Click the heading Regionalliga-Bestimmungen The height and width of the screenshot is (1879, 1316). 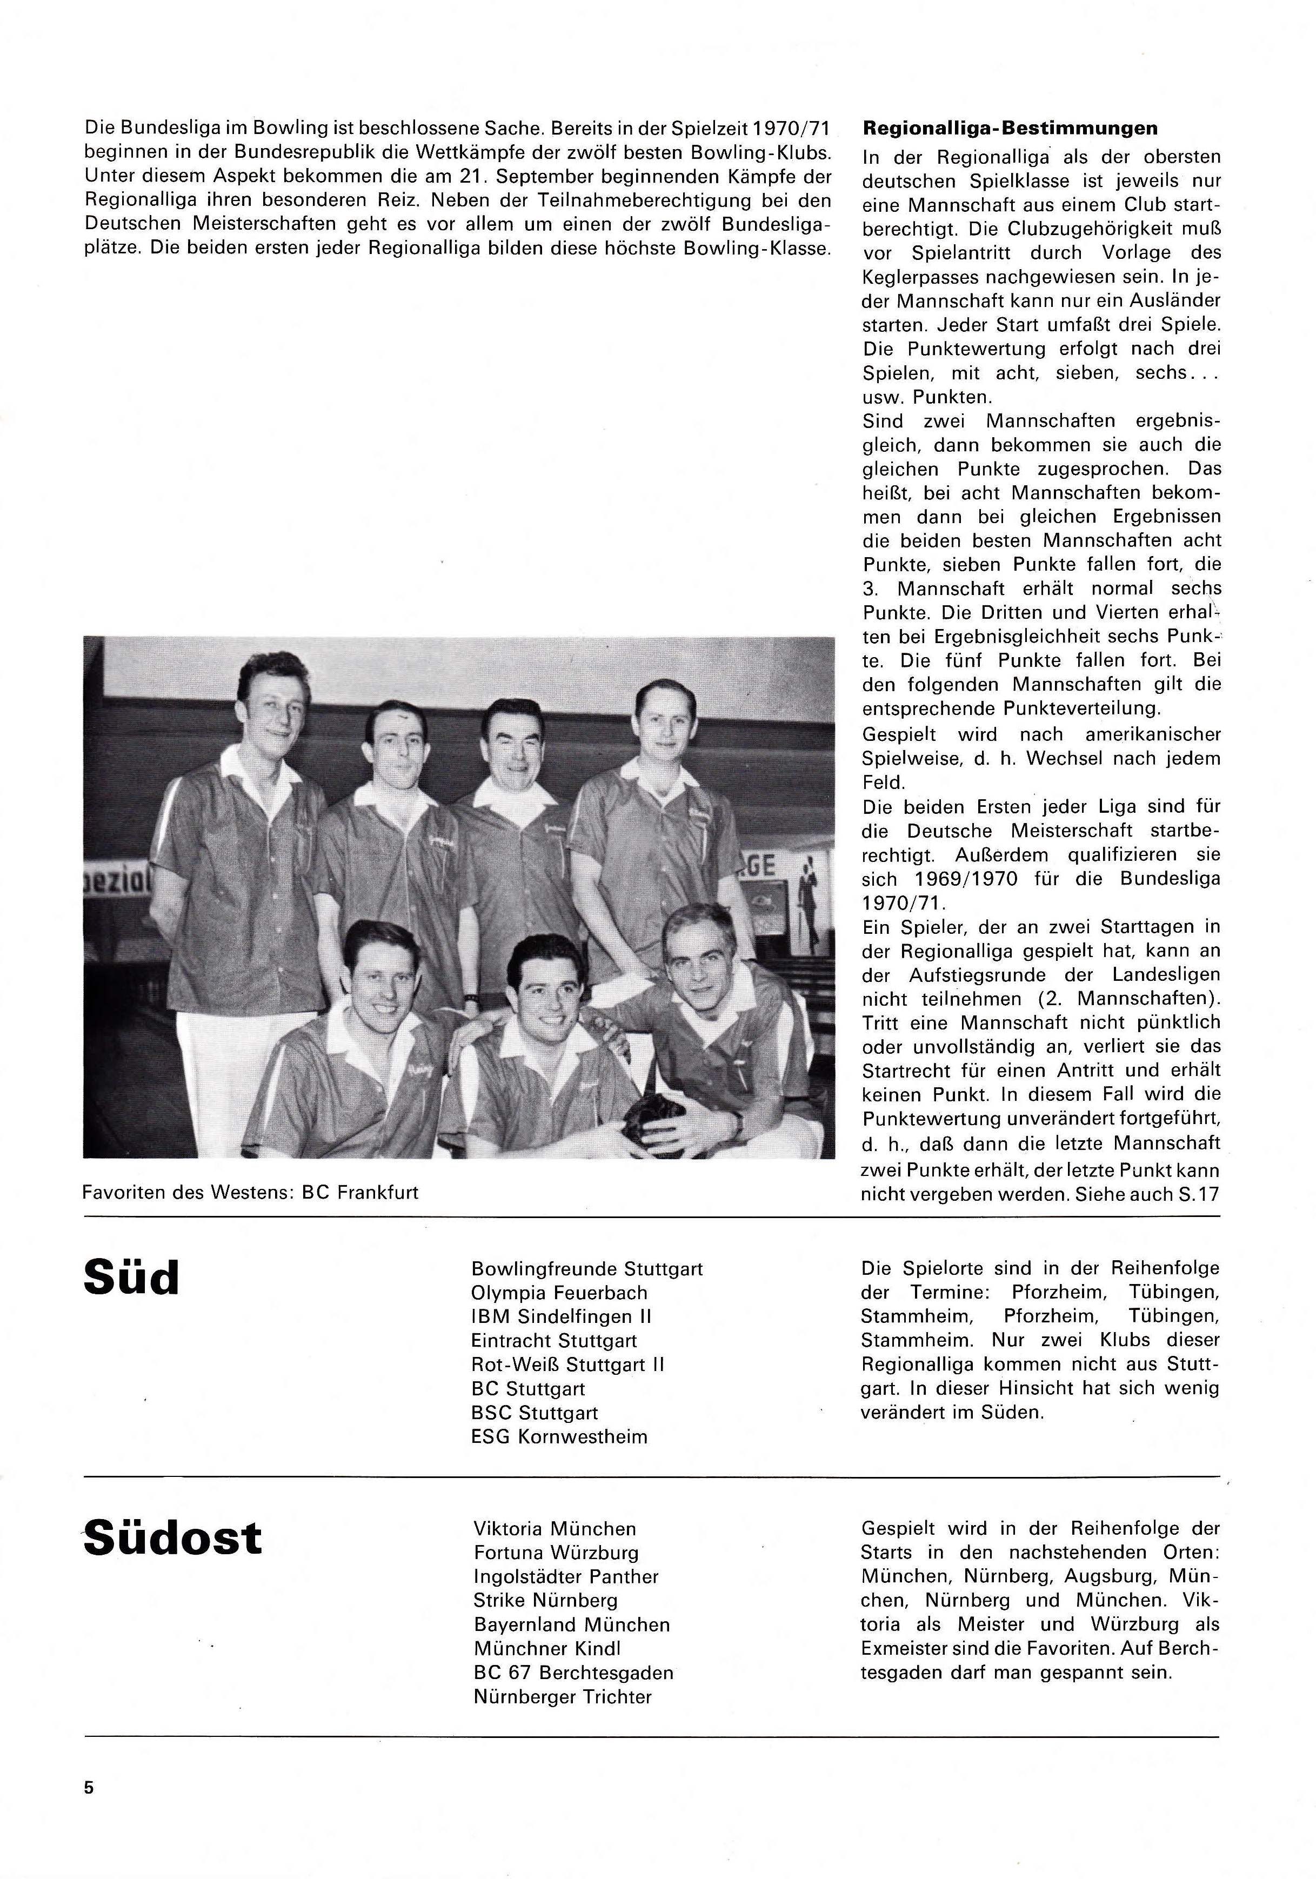tap(1010, 129)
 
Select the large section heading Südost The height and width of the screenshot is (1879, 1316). tap(173, 1538)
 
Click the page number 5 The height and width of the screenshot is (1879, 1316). tap(89, 1787)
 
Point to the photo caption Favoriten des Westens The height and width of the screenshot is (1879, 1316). tap(250, 1192)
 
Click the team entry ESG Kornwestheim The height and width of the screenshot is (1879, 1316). tap(559, 1436)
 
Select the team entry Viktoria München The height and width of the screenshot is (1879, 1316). tap(554, 1528)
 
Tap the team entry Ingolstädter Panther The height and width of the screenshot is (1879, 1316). tap(565, 1576)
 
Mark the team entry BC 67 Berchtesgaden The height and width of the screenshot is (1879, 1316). tap(573, 1672)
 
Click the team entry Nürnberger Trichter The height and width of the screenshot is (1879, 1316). tap(562, 1696)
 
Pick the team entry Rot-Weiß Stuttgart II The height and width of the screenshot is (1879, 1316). tap(567, 1364)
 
